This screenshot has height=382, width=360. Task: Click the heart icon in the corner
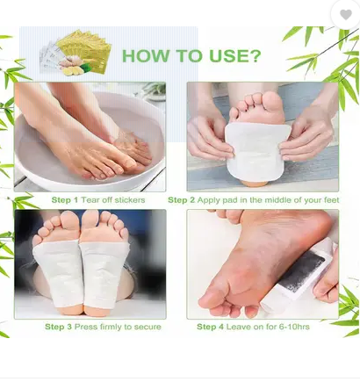tap(346, 14)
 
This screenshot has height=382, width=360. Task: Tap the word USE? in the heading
tap(234, 55)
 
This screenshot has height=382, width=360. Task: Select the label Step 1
tap(65, 200)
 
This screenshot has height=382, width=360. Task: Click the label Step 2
tap(181, 200)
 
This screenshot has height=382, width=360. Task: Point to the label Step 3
tap(58, 327)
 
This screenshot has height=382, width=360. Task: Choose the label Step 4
tap(210, 327)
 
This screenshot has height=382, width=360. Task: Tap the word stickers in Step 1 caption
tap(130, 200)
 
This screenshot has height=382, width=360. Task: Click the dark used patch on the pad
tap(305, 271)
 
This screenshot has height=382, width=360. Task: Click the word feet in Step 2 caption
tap(332, 200)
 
